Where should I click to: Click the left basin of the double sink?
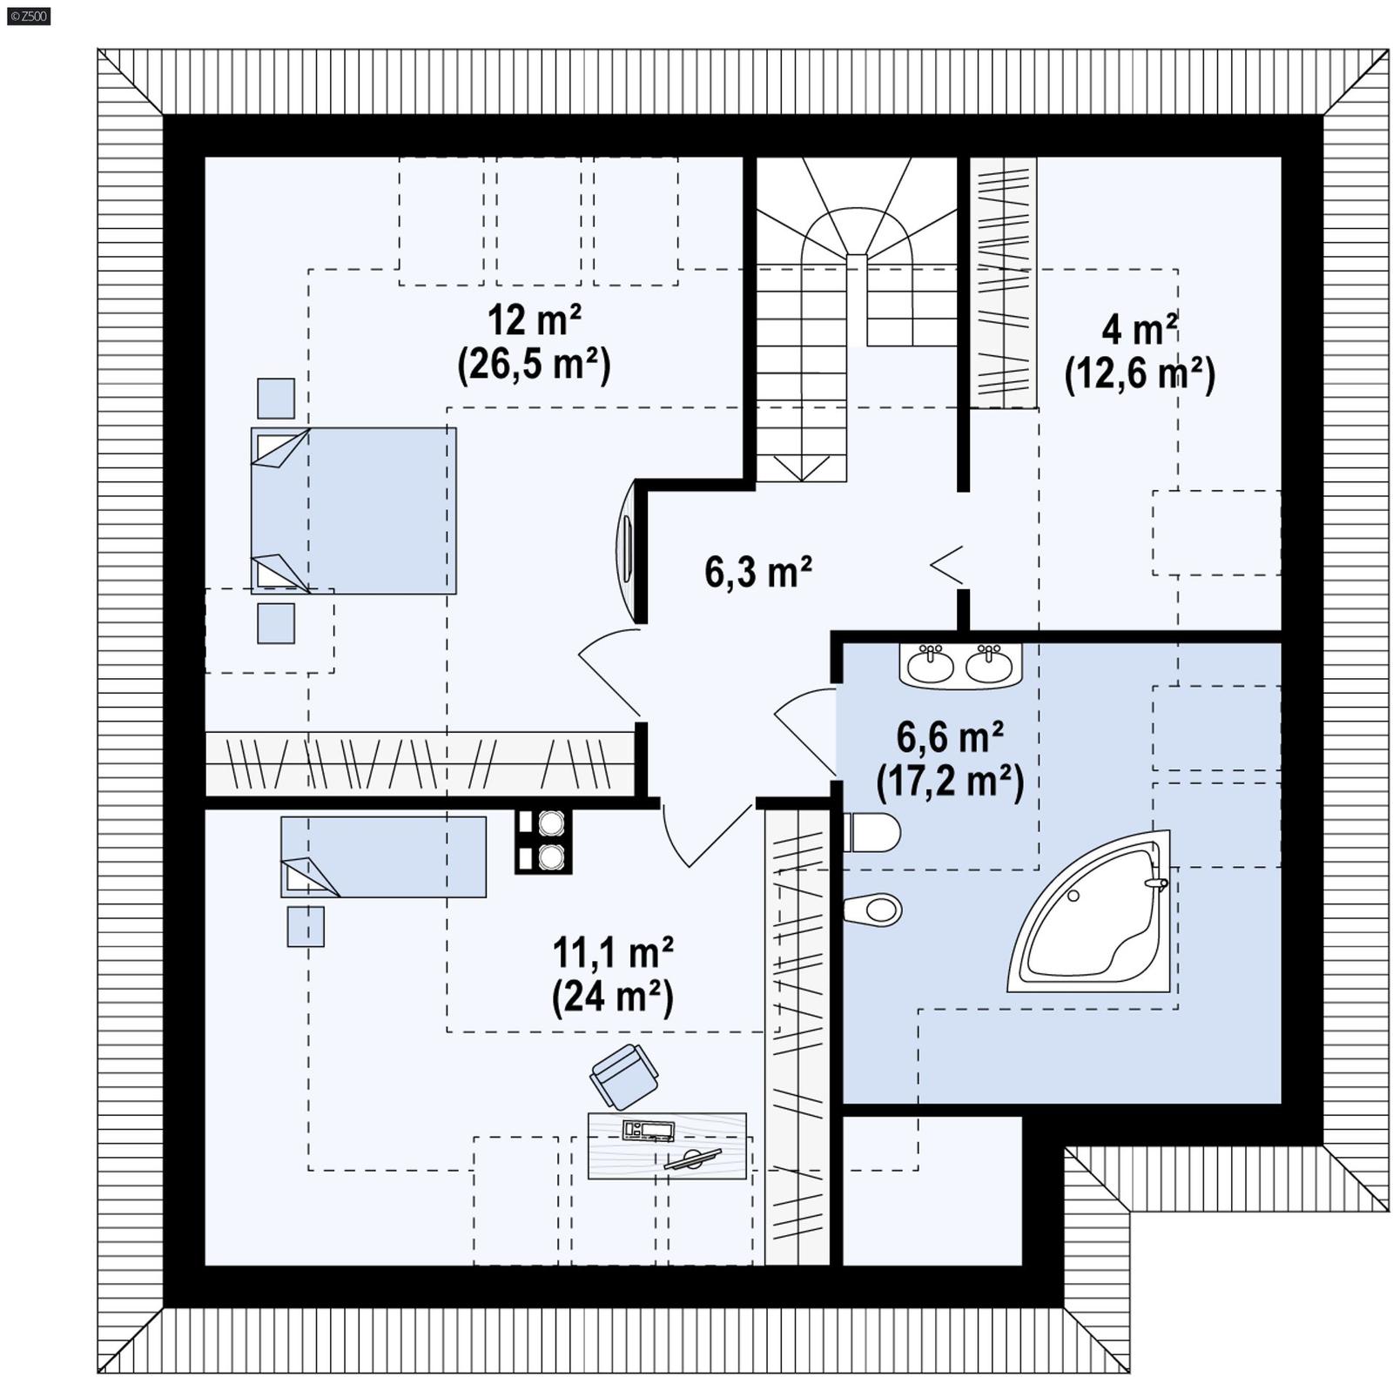[x=931, y=666]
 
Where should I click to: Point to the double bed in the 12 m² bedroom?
[x=353, y=511]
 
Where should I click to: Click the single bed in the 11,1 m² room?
[x=383, y=856]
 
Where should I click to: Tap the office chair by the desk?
[x=623, y=1076]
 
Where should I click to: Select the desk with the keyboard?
[x=667, y=1145]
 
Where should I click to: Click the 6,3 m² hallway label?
[x=757, y=572]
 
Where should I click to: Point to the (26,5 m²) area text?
[x=534, y=364]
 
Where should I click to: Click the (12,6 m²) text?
[x=1140, y=374]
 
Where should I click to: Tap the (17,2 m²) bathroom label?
[x=950, y=781]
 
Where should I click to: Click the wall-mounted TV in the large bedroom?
[x=626, y=551]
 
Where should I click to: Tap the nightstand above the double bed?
[x=276, y=399]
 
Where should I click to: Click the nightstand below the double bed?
[x=276, y=623]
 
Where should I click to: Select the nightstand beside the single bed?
[x=306, y=926]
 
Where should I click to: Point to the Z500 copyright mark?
[x=28, y=16]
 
